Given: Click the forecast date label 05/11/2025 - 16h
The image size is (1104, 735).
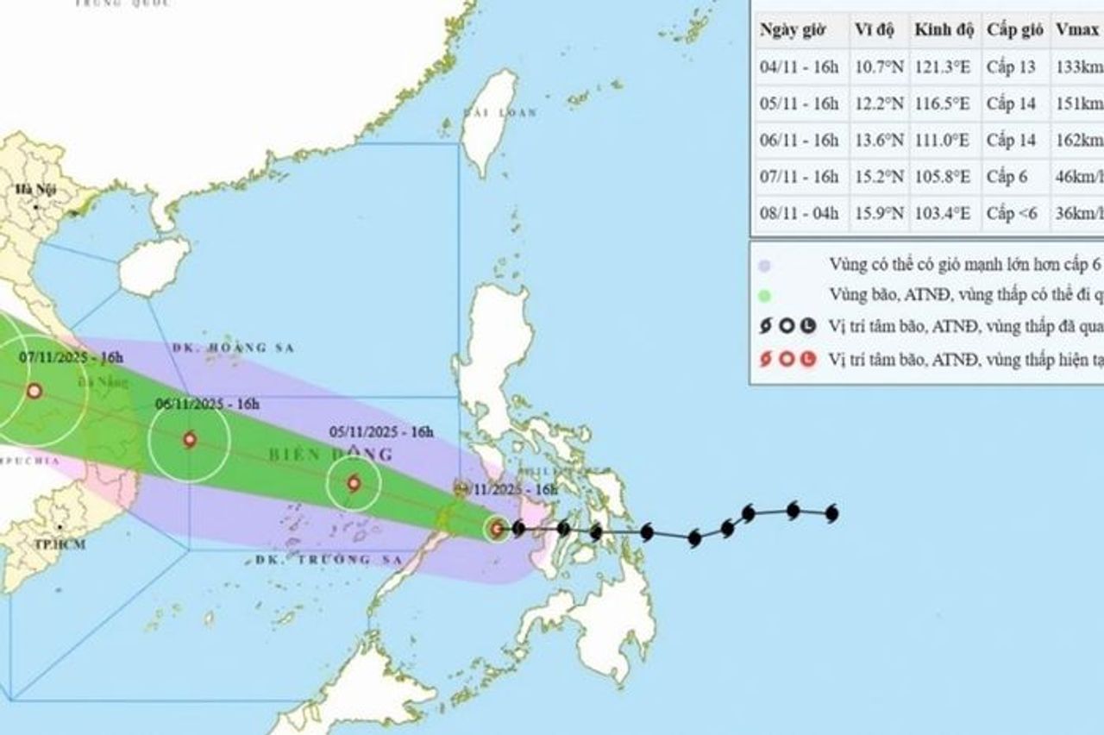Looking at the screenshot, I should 383,432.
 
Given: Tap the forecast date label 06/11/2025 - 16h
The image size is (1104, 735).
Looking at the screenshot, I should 207,403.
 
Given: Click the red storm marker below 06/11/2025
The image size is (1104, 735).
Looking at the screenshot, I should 190,440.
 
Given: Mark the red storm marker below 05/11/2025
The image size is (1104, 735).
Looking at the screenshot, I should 354,483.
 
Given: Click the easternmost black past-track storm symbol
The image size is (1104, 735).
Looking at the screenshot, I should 831,514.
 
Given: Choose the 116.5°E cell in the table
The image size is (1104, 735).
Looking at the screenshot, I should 942,104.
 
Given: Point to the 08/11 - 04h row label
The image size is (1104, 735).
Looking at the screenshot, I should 799,213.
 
